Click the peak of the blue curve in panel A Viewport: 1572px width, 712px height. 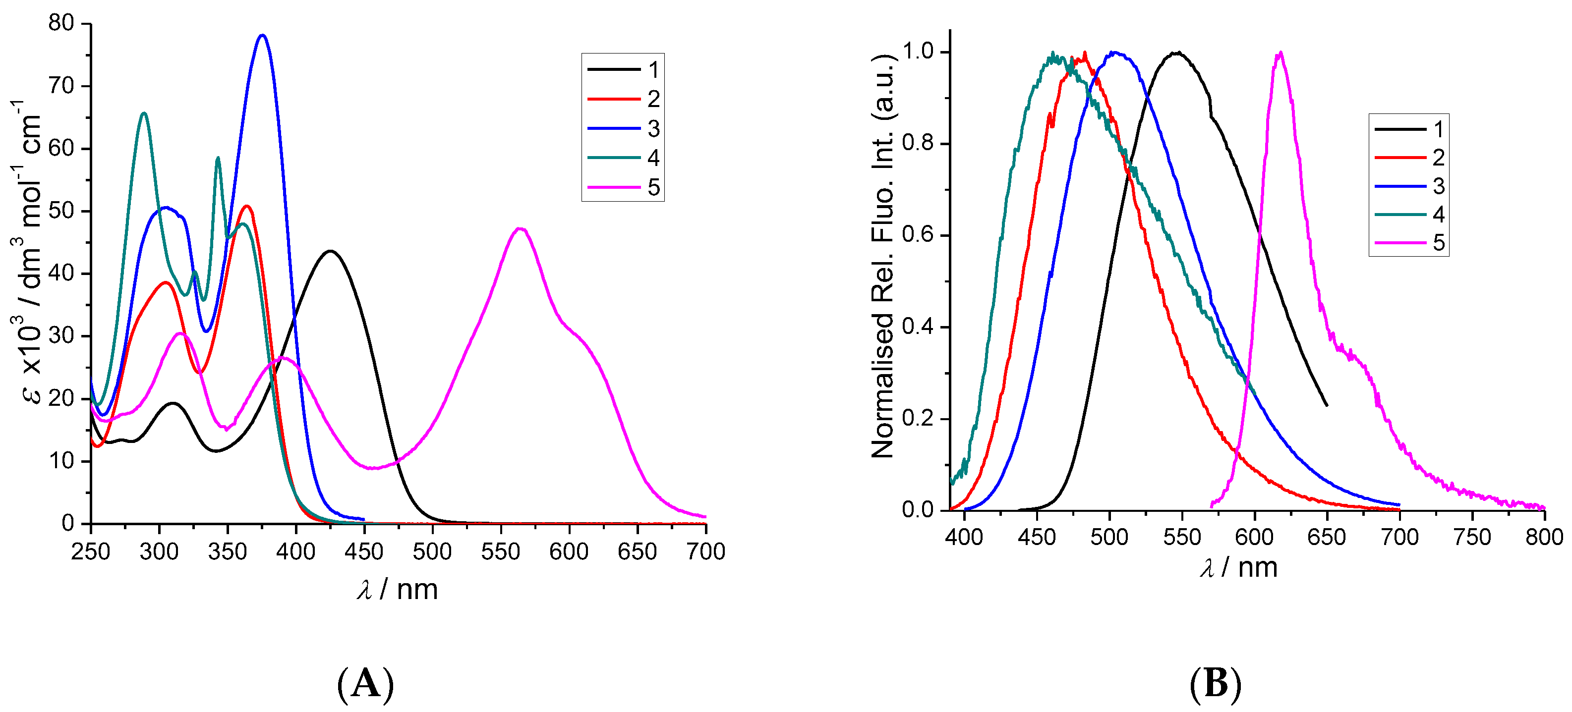[x=262, y=35]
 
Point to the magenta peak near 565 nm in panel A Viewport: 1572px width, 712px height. [x=520, y=229]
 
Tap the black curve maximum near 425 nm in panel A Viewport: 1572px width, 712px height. [x=330, y=251]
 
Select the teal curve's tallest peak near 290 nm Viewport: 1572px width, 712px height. [x=144, y=113]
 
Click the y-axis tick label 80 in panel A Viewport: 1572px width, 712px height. [x=61, y=23]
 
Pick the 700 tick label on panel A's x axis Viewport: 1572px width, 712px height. [x=705, y=551]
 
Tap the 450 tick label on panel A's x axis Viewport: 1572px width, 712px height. [x=364, y=551]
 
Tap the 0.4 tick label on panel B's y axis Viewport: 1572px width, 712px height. [x=919, y=327]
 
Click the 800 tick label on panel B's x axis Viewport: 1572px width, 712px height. [x=1544, y=537]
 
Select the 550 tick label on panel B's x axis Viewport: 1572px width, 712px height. [x=1181, y=537]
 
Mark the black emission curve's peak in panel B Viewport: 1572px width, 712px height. [x=1178, y=53]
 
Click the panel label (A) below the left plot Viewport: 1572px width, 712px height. [x=365, y=683]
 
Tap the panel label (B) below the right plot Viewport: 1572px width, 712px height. [x=1216, y=683]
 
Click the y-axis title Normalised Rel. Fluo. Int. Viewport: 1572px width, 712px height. [x=882, y=256]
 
